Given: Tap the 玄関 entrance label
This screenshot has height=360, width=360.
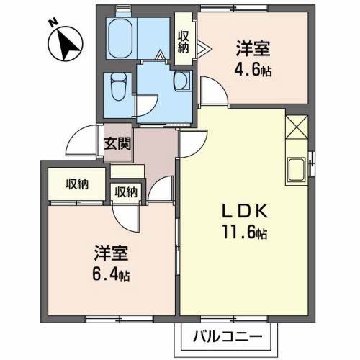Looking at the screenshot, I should point(116,143).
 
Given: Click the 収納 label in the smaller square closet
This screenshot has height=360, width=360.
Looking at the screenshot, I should point(125,192).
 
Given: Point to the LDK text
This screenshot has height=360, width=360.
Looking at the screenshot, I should point(244,212).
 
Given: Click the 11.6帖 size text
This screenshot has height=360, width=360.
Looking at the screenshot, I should point(245,234).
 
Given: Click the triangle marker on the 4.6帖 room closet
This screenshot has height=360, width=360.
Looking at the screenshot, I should point(204,49).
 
